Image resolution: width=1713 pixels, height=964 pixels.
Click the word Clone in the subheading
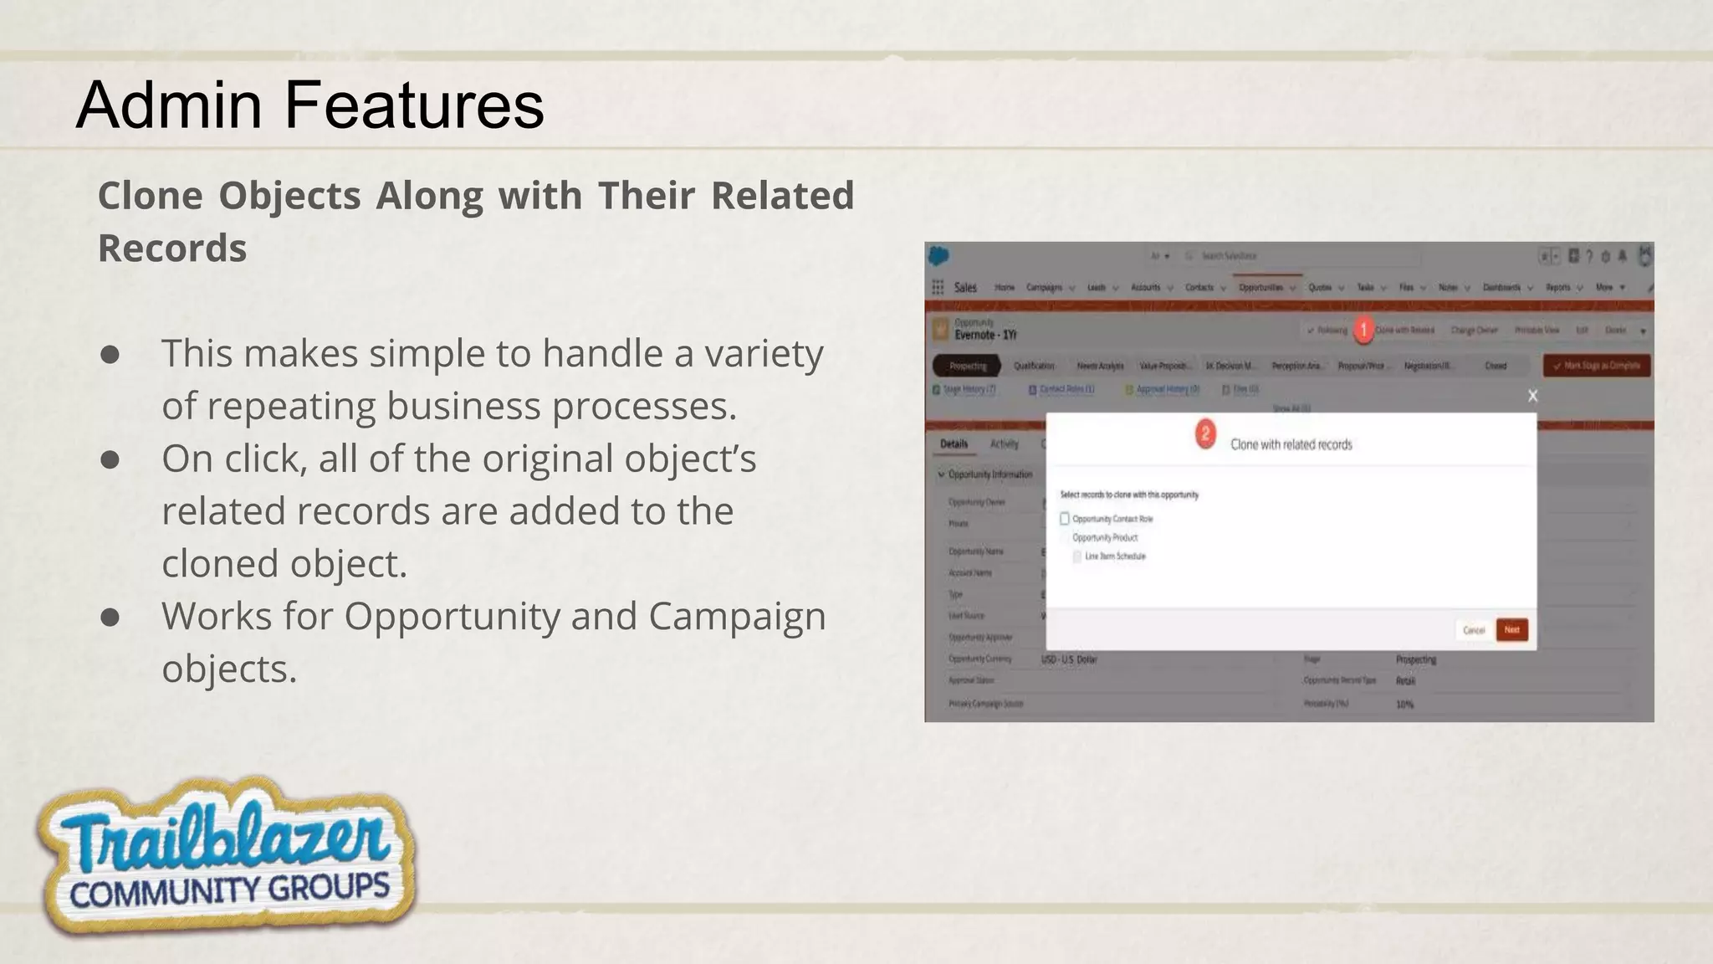[x=150, y=196]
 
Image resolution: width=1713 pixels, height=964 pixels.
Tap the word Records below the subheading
[x=172, y=249]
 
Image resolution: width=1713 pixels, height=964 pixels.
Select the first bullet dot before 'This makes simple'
[x=110, y=354]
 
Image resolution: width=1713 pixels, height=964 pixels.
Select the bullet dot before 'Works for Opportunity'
[x=110, y=617]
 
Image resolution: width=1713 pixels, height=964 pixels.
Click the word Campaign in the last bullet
[x=736, y=617]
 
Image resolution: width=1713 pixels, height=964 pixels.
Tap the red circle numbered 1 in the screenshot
[x=1363, y=330]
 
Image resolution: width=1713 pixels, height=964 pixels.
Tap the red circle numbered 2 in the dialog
[x=1205, y=434]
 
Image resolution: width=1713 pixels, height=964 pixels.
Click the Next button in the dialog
[x=1511, y=630]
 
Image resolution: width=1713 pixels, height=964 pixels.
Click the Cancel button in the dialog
[x=1473, y=630]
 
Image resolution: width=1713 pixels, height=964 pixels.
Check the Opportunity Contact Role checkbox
[x=1065, y=519]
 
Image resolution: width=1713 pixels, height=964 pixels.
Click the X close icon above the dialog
[x=1532, y=396]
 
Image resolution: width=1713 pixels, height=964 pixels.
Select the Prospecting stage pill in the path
[x=968, y=366]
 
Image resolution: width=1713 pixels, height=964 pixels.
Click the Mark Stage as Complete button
[x=1596, y=366]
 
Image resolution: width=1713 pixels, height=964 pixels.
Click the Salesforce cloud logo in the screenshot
[x=939, y=256]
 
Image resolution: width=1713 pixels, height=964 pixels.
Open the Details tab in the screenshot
[x=954, y=444]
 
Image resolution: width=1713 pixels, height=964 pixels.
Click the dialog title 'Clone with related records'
[x=1291, y=445]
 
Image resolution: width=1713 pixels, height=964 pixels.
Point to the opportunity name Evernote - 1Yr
[x=985, y=335]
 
